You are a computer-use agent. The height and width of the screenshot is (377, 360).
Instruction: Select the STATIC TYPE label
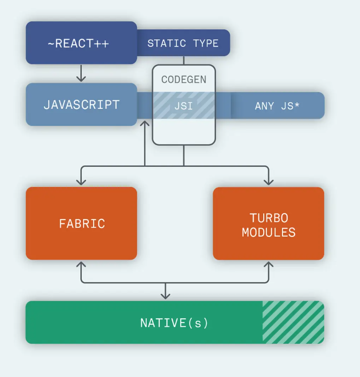[183, 44]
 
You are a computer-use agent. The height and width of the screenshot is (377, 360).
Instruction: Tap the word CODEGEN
[184, 79]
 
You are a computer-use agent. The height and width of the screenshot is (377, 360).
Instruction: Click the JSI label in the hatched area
[184, 105]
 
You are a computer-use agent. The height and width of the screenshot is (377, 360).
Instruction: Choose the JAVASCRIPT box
[81, 105]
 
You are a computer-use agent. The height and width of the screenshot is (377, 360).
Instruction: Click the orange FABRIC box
[81, 223]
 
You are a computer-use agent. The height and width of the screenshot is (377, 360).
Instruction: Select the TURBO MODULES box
[268, 223]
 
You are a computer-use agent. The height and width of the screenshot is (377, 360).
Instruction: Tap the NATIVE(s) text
[174, 323]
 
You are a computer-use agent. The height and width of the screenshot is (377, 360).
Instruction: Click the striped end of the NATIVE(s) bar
[293, 323]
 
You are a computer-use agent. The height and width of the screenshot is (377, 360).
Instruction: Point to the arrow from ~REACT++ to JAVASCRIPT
[81, 73]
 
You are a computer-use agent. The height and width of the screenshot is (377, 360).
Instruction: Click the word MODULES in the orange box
[268, 232]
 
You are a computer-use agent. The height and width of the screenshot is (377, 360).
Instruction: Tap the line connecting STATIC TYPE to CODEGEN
[184, 60]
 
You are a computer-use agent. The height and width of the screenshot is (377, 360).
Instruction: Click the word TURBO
[268, 218]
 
